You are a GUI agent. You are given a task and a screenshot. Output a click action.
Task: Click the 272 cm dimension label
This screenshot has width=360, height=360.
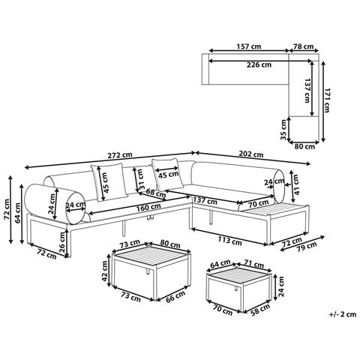[x=120, y=155]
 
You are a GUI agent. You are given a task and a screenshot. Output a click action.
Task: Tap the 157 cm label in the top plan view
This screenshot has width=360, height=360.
[x=249, y=46]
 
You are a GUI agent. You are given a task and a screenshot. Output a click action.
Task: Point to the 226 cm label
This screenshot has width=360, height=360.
[x=259, y=64]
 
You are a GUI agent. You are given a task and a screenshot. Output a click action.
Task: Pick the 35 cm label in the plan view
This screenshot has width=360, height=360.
[x=283, y=130]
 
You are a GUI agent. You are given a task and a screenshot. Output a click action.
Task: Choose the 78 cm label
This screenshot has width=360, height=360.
[x=303, y=46]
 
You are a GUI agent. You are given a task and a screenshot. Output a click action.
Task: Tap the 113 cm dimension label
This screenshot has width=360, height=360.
[x=229, y=241]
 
